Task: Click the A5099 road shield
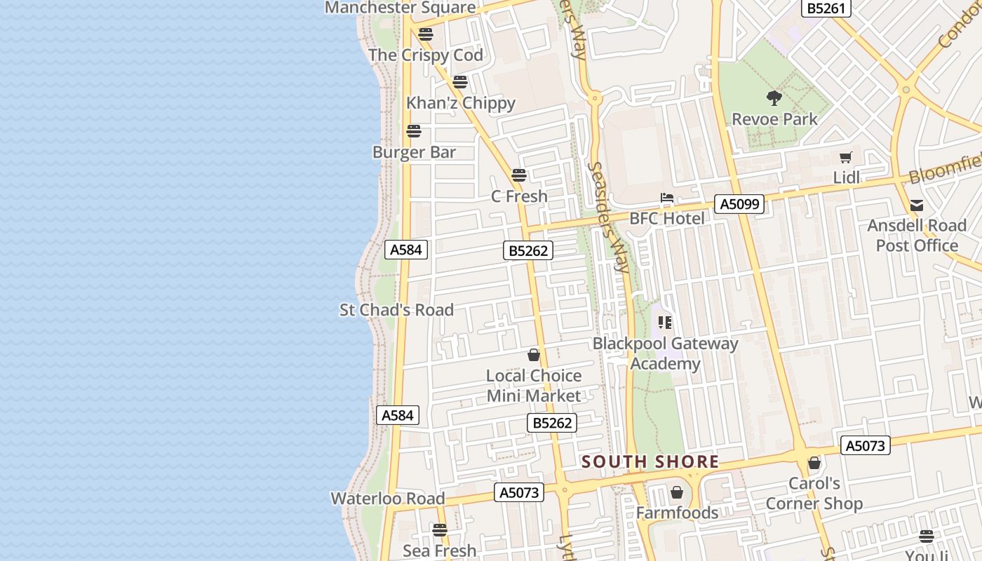coord(739,204)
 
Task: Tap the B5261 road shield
coord(826,8)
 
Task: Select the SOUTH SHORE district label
coord(650,461)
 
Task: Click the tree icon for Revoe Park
coord(774,98)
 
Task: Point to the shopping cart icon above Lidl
coord(846,158)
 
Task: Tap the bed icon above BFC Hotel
coord(666,198)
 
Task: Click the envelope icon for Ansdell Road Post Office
coord(917,205)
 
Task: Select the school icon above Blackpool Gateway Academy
coord(665,323)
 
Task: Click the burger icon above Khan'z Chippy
coord(460,82)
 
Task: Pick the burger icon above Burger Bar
coord(414,131)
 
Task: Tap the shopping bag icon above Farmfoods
coord(677,492)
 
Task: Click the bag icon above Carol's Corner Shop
coord(814,463)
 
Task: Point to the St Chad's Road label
coord(396,309)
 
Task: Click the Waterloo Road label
coord(388,499)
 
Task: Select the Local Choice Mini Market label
coord(534,386)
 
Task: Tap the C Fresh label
coord(519,196)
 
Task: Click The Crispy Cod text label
coord(426,55)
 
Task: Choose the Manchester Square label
coord(401,8)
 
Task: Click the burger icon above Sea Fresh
coord(440,530)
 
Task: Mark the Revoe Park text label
coord(774,119)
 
